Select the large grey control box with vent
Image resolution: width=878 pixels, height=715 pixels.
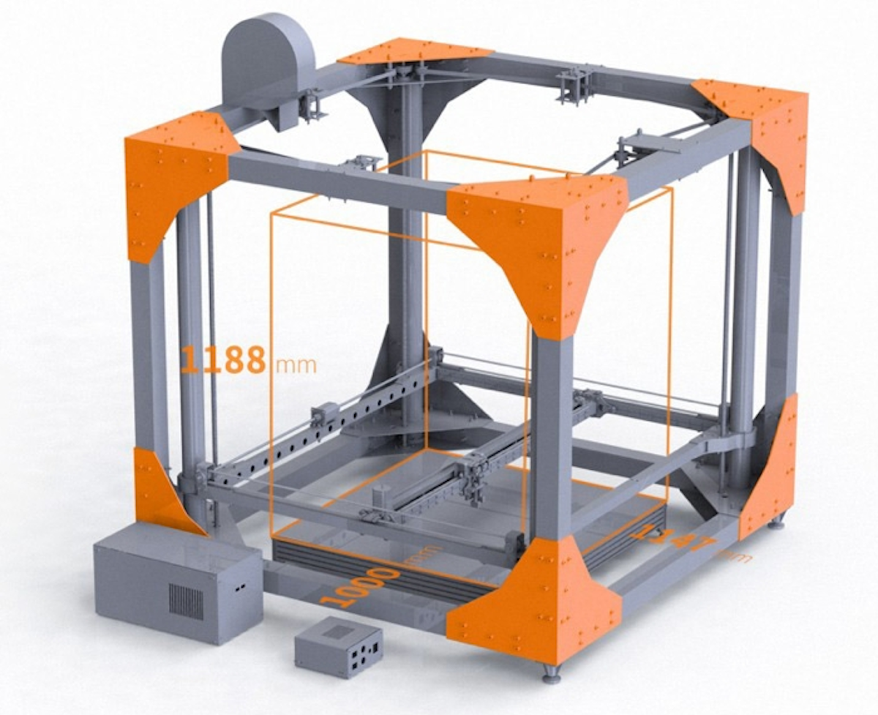[176, 581]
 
